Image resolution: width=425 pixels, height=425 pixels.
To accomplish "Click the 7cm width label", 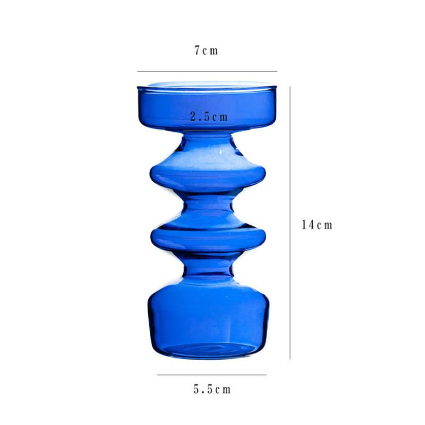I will tap(206, 51).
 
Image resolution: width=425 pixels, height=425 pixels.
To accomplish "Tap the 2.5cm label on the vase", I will tap(209, 117).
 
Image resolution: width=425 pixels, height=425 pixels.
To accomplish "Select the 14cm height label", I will tap(317, 225).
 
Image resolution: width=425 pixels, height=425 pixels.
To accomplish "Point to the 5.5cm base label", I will tap(212, 389).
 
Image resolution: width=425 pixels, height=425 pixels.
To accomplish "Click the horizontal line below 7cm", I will tap(207, 71).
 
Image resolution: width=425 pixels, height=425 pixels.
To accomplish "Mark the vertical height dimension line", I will tap(290, 223).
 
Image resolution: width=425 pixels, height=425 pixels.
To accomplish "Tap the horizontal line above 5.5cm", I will tap(211, 375).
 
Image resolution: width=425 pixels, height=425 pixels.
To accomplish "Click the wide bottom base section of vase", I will tap(208, 319).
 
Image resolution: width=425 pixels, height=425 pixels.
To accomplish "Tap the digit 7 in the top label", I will tap(197, 51).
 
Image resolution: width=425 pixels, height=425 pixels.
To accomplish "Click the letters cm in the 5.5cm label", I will tap(223, 389).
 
